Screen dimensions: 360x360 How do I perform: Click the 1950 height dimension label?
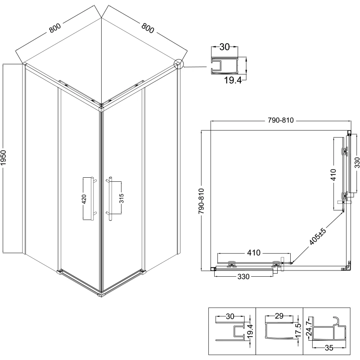(4, 158)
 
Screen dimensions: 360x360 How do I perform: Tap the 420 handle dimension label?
(84, 199)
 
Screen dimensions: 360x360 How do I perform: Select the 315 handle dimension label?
(121, 198)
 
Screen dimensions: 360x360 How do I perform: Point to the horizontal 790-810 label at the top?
(280, 120)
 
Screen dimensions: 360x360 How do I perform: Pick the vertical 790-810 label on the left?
(201, 201)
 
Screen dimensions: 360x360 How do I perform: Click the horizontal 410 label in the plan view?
(254, 253)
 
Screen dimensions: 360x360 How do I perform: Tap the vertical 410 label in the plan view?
(333, 175)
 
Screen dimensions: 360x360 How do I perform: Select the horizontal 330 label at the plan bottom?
(243, 277)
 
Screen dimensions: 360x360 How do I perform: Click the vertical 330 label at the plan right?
(357, 162)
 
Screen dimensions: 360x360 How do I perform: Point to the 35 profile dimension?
(329, 348)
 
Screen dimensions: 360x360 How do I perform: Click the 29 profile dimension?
(279, 316)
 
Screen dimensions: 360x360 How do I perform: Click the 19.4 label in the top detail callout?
(233, 81)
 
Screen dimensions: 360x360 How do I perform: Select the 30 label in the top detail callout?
(225, 47)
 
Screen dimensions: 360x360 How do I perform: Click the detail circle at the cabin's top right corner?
(179, 64)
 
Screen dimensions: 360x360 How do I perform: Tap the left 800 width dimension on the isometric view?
(55, 28)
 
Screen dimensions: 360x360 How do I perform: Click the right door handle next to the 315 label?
(110, 198)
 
